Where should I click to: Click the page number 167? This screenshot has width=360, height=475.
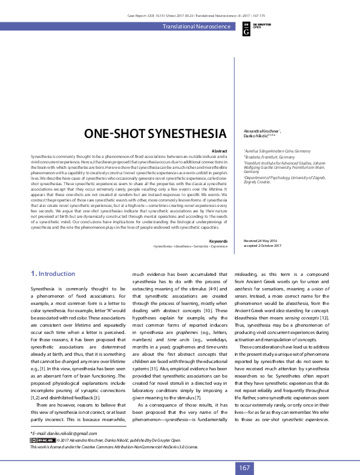(x=244, y=468)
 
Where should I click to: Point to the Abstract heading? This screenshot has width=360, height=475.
(x=219, y=151)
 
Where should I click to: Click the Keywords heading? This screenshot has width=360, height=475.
(x=218, y=258)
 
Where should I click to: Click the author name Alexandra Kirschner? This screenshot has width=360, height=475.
(x=261, y=131)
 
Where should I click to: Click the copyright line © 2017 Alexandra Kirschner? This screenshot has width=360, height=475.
(x=109, y=441)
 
